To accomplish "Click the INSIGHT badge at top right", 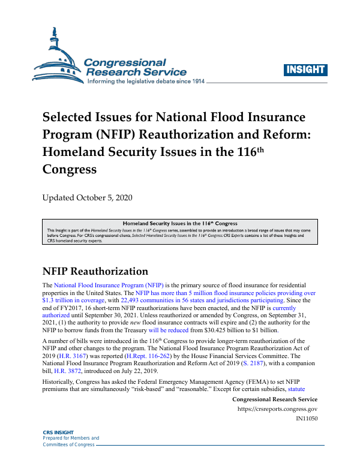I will (305, 69).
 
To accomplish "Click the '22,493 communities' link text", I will (160, 299).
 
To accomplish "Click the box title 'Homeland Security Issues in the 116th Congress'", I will (180, 223).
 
